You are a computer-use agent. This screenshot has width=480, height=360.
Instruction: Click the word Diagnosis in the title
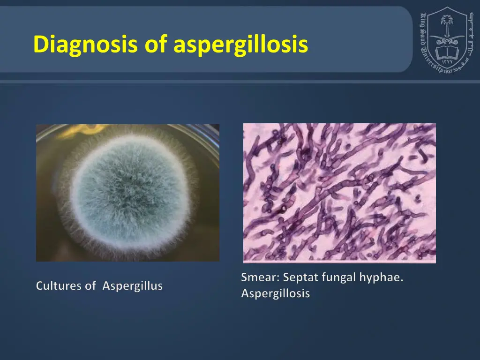click(x=85, y=45)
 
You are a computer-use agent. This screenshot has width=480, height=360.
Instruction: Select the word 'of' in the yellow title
click(x=157, y=45)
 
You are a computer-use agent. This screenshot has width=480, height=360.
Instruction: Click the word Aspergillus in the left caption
click(x=133, y=286)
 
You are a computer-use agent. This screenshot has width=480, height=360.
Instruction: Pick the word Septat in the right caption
click(x=299, y=277)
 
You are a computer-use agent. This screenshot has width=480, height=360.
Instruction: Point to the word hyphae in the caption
click(x=381, y=277)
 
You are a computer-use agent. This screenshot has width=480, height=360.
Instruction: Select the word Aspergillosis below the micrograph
click(x=276, y=294)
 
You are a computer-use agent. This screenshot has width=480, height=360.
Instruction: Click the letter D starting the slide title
click(x=41, y=45)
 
